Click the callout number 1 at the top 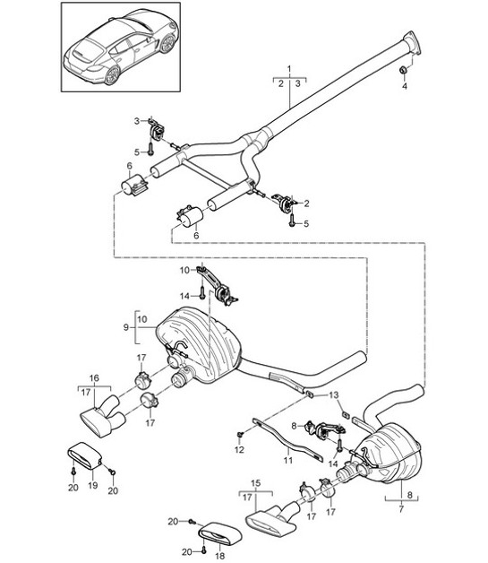288,69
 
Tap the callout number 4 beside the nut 403,87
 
